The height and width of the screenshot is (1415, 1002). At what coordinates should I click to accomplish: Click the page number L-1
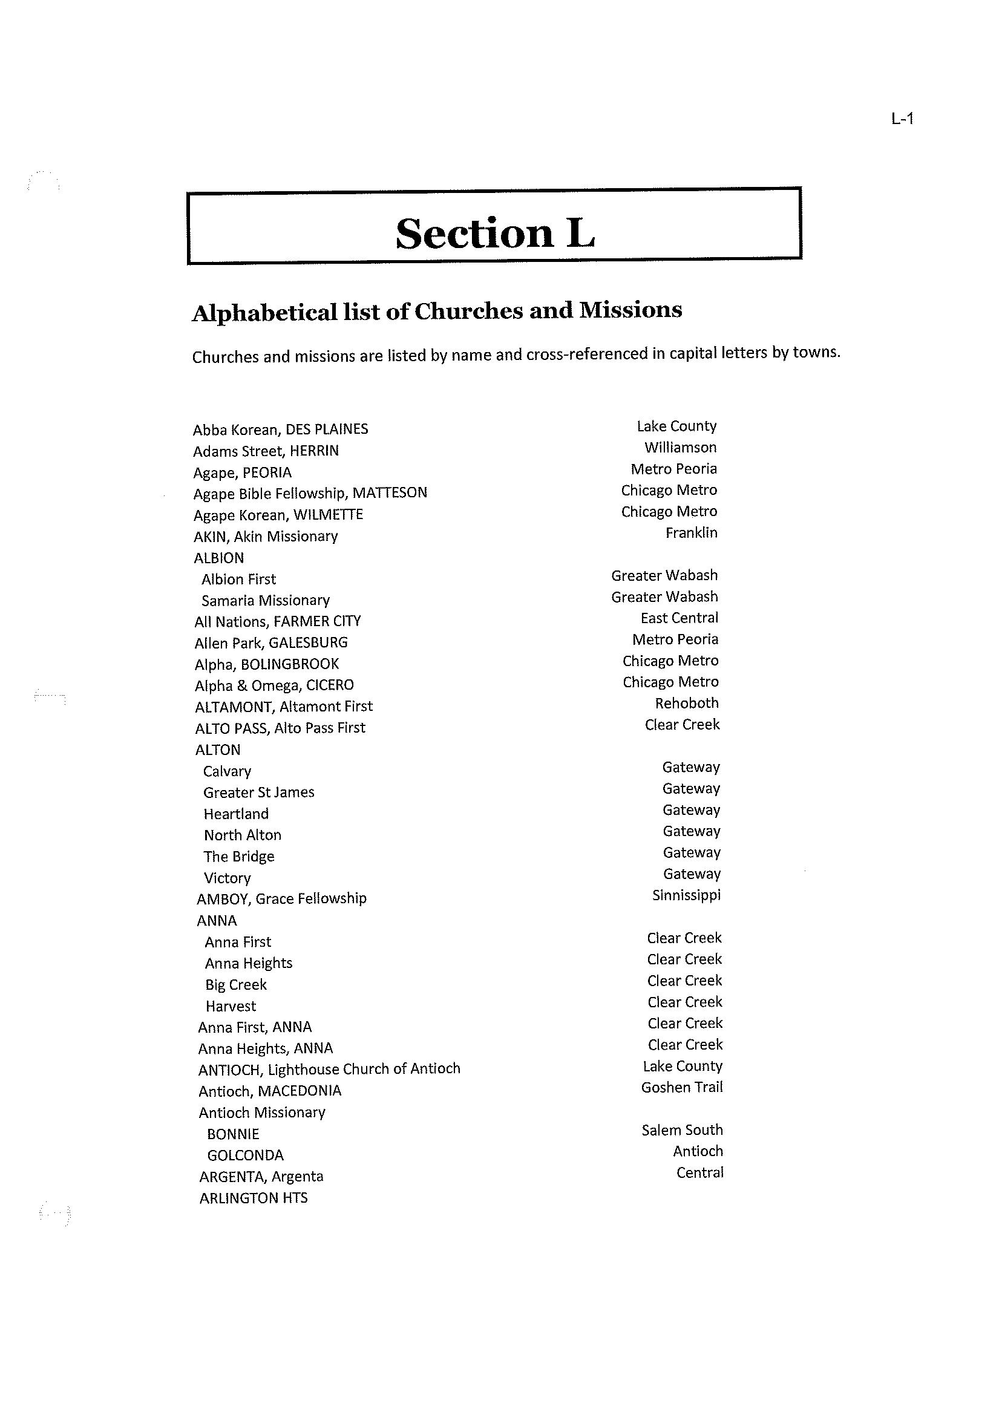[x=902, y=119]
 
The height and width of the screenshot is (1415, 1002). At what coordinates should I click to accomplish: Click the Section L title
[x=495, y=233]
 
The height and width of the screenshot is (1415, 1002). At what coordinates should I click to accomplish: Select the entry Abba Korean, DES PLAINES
[x=280, y=430]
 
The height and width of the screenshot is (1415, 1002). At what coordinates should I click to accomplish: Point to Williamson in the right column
[x=680, y=447]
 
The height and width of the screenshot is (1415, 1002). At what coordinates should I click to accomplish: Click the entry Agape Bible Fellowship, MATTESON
[x=310, y=494]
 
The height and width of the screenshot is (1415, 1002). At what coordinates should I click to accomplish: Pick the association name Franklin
[x=691, y=532]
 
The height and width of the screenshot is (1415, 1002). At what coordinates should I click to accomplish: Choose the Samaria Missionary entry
[x=265, y=600]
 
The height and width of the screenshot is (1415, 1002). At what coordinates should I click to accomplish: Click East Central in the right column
[x=679, y=618]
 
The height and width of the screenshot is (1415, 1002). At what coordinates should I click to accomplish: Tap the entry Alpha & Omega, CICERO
[x=274, y=685]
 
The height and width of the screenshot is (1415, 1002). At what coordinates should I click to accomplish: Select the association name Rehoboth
[x=686, y=703]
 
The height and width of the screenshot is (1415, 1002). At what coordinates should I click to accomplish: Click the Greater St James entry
[x=258, y=792]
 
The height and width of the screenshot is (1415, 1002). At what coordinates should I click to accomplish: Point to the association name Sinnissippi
[x=686, y=895]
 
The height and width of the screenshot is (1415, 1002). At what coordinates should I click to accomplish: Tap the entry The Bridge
[x=239, y=856]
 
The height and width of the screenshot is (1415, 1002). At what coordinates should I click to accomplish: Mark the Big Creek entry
[x=236, y=984]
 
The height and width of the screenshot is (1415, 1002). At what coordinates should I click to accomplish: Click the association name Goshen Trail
[x=681, y=1087]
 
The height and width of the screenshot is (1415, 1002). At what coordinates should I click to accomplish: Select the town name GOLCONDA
[x=245, y=1155]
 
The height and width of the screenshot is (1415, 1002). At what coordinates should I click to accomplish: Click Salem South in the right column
[x=681, y=1129]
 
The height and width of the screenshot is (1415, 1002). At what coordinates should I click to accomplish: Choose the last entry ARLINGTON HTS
[x=253, y=1198]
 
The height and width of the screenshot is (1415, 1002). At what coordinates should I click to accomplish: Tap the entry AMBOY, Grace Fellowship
[x=281, y=899]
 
